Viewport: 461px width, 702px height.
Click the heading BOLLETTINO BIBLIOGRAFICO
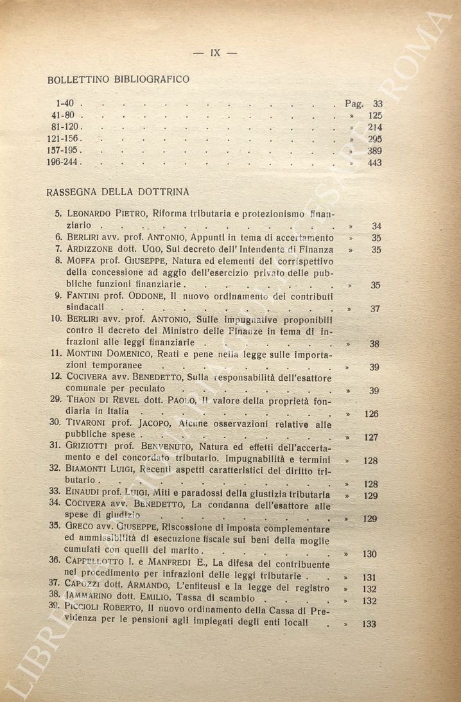click(118, 80)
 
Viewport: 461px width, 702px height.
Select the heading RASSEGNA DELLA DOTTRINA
click(117, 191)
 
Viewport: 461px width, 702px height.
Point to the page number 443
click(374, 163)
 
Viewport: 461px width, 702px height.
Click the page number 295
click(374, 139)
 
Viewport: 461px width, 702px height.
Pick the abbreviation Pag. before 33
click(354, 103)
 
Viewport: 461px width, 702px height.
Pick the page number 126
click(371, 414)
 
